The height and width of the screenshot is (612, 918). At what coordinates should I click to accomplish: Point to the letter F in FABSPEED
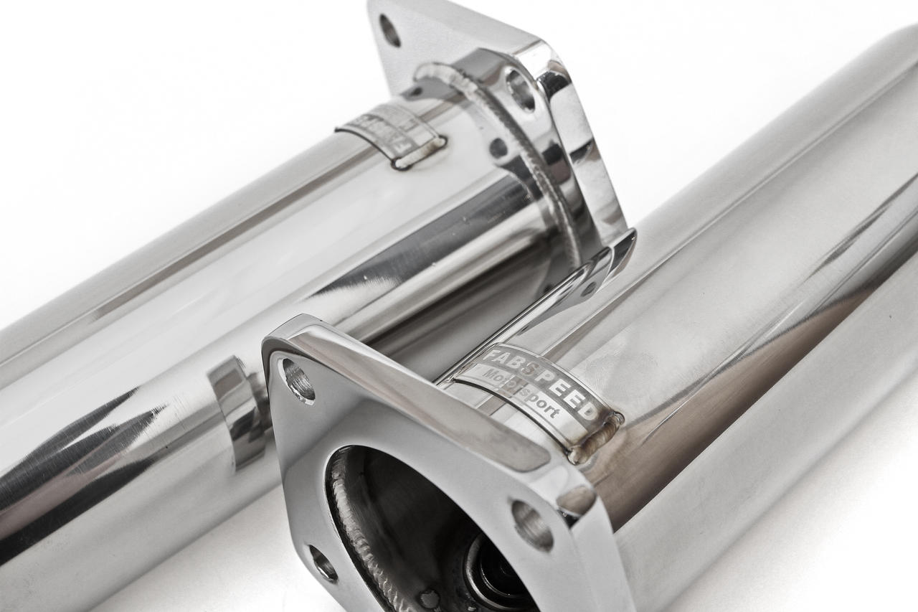488,356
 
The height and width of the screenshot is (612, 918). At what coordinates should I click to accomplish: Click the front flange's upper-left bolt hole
298,380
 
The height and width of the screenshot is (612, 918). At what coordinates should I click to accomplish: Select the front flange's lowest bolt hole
323,562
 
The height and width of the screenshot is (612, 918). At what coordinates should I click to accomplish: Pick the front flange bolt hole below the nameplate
531,524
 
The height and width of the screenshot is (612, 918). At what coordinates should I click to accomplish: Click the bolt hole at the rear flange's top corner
389,30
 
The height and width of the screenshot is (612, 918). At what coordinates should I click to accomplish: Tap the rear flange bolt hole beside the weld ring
521,90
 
